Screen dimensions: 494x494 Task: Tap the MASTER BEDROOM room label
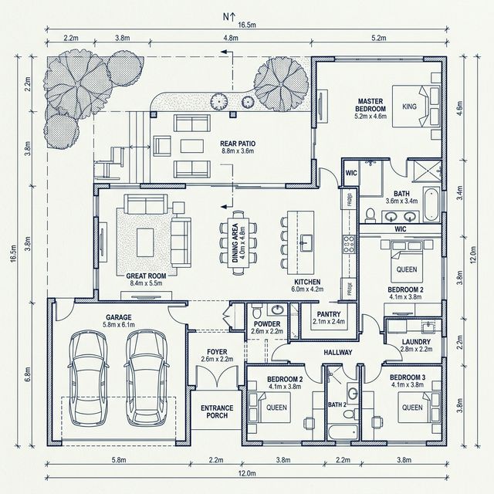(x=370, y=105)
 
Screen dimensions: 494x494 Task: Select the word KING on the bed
(x=409, y=107)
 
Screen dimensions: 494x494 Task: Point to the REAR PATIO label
(x=238, y=144)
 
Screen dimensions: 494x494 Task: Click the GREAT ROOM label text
(x=146, y=276)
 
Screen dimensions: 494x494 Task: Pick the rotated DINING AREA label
(x=235, y=243)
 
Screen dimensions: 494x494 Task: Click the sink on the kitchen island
(x=306, y=242)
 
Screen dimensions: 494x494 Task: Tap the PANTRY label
(x=329, y=314)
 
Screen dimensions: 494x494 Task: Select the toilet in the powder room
(x=257, y=310)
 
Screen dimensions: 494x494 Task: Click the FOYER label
(x=217, y=352)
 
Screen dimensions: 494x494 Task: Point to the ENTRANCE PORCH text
(x=217, y=411)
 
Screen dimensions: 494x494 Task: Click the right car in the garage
(x=147, y=377)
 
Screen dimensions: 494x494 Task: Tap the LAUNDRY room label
(x=416, y=342)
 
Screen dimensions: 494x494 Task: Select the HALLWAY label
(x=338, y=352)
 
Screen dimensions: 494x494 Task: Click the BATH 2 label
(x=337, y=404)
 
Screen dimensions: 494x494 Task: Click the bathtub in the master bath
(x=431, y=205)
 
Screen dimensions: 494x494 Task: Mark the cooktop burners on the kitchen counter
(x=349, y=244)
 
